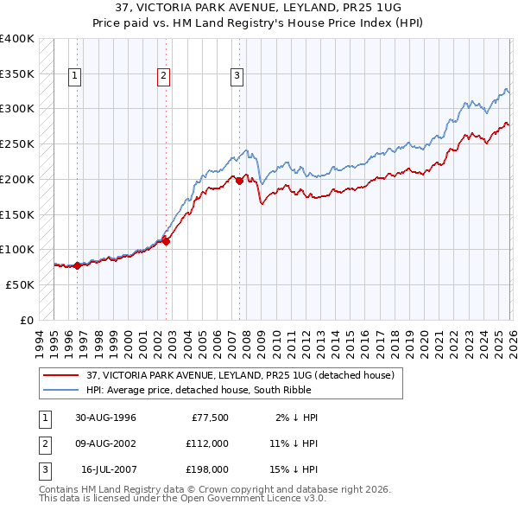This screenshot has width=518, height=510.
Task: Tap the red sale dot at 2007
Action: [x=239, y=181]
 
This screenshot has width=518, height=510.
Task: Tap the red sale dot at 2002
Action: [x=167, y=241]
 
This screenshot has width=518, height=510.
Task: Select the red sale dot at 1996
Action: [x=78, y=265]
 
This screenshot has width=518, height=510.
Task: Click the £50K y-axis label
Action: [x=20, y=284]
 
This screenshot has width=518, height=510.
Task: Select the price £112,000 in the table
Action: [x=207, y=443]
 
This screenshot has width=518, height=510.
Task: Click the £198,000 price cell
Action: [x=207, y=469]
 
